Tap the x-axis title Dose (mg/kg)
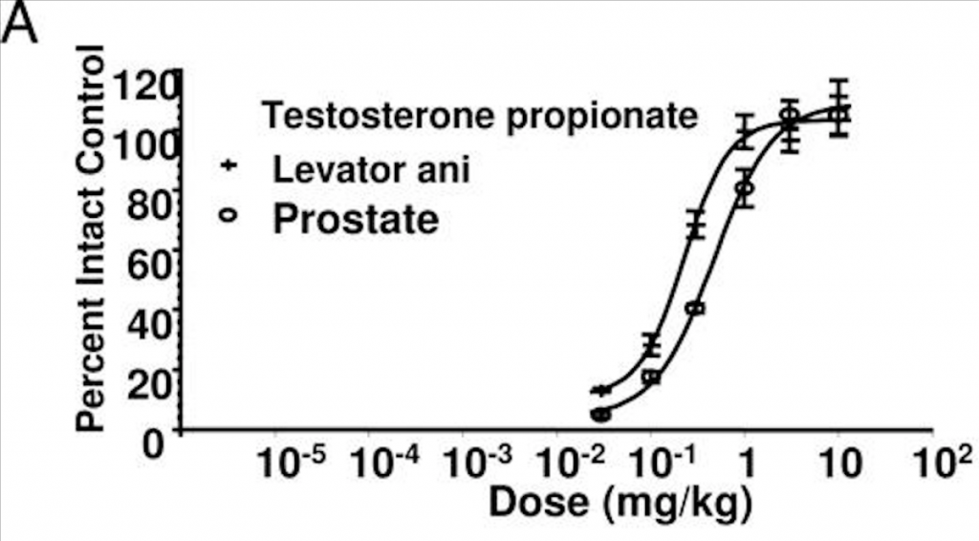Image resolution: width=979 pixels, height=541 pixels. coord(620,500)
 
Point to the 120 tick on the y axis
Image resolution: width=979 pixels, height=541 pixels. coord(143,88)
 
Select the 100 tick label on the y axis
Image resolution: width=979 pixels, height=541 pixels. coord(143,145)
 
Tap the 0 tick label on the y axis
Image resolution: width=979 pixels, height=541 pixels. coord(158,442)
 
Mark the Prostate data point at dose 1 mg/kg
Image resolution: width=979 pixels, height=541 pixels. coord(745,187)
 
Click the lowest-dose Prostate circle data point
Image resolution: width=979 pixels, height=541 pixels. coord(600,415)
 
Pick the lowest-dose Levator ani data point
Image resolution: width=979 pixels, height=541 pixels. coord(600,390)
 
